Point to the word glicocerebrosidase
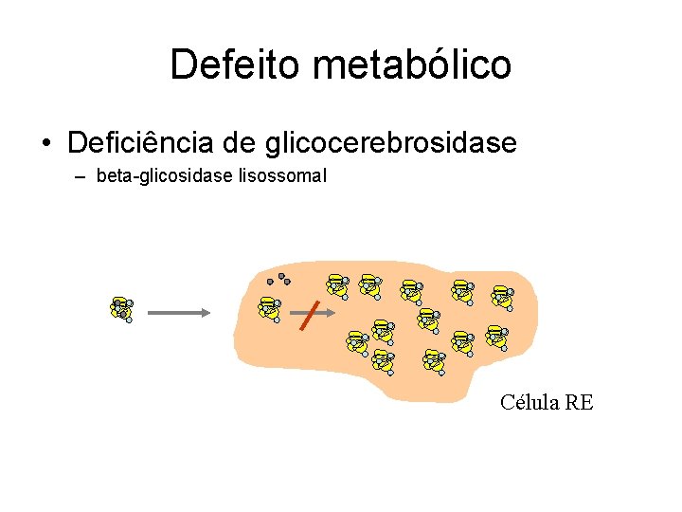[x=391, y=143]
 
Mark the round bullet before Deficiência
[x=45, y=144]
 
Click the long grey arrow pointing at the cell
[x=178, y=310]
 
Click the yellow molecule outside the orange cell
[x=121, y=308]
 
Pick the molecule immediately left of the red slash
[x=270, y=308]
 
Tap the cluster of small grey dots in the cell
[x=278, y=279]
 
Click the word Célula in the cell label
[x=529, y=402]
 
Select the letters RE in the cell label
[x=578, y=402]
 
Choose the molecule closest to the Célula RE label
[x=496, y=337]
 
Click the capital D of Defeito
[x=183, y=64]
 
